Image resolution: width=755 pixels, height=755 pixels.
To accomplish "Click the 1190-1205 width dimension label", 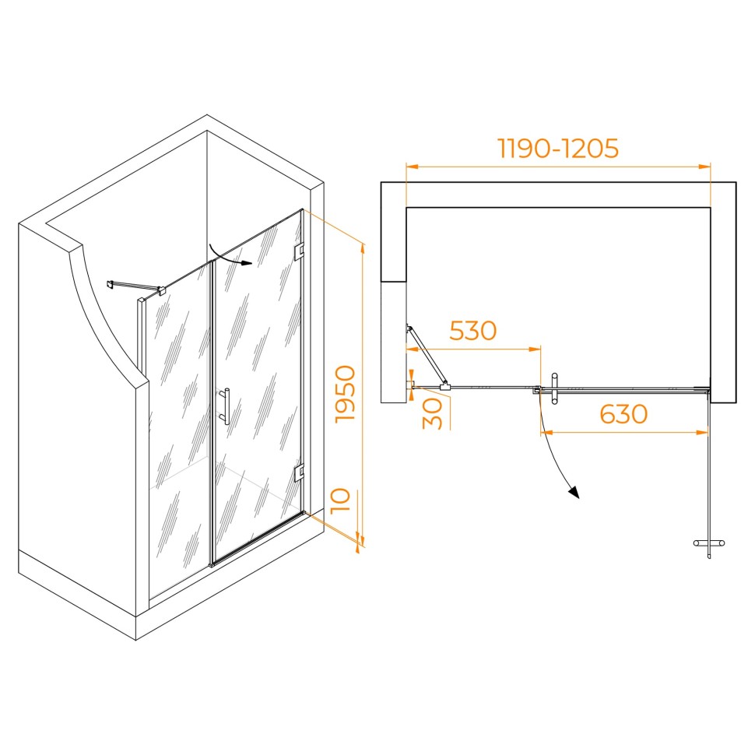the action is (x=557, y=149).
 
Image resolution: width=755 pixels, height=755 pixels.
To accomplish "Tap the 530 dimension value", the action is (x=472, y=330).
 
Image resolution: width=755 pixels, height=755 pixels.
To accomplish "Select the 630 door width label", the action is (x=623, y=414).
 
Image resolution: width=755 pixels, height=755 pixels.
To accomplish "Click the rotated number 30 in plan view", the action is (x=433, y=413).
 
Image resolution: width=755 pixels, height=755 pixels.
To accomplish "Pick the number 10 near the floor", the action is (x=340, y=500).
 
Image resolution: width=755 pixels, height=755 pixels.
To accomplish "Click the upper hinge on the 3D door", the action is (x=299, y=251).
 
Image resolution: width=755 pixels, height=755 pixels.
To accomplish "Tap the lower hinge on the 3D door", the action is (x=299, y=472).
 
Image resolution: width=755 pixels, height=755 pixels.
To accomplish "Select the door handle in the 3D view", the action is (x=224, y=406).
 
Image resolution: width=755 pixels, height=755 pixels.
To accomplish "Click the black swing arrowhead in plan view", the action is (x=574, y=492).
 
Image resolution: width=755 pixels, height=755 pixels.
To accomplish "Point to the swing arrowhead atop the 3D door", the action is (x=247, y=263).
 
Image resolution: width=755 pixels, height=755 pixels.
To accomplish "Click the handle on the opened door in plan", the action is (x=709, y=543).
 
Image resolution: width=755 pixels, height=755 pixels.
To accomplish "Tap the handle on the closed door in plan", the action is (x=554, y=388).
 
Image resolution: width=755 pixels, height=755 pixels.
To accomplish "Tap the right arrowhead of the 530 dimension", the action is (x=535, y=349).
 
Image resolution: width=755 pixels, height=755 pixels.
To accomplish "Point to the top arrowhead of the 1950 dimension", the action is (x=363, y=248).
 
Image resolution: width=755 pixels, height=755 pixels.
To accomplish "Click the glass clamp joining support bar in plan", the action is (x=445, y=386).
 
